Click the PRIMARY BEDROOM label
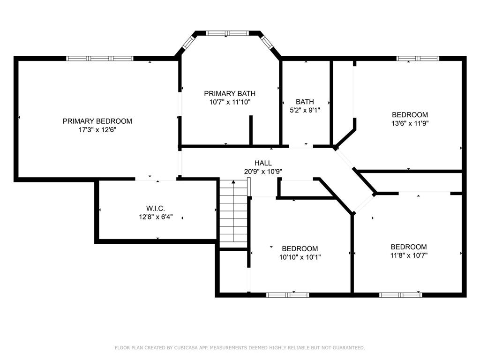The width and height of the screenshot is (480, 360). pos(97,121)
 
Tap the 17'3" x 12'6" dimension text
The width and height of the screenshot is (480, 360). pos(97,130)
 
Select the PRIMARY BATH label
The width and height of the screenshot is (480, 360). pos(230,93)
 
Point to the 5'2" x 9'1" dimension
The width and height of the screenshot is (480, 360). pos(305,110)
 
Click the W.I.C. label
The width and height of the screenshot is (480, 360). pos(156,209)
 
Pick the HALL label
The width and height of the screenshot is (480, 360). pos(263,163)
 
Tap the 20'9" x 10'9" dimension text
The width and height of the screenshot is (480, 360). pos(263,172)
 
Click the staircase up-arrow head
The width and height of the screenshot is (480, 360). pos(233,182)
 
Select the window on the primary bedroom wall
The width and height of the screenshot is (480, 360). pos(100,59)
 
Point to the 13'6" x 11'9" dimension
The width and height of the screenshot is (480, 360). pos(410,123)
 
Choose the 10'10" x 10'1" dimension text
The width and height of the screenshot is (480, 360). pos(300,257)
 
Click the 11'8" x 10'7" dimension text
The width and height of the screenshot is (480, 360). pos(409,255)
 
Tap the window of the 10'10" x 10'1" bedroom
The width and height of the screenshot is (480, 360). pos(287,295)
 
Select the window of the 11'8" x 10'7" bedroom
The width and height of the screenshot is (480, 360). pos(400,295)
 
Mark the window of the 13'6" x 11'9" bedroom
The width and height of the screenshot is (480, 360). pos(418,59)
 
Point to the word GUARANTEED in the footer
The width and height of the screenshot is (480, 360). pos(349,348)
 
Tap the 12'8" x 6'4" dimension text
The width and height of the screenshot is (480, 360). pos(156,217)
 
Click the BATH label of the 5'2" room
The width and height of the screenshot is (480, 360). pos(305,102)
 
